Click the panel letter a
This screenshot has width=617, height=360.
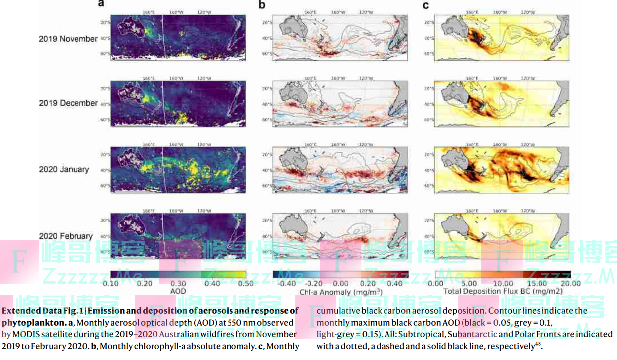(101, 5)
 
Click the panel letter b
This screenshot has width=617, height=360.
(262, 5)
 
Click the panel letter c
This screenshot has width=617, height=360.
(425, 5)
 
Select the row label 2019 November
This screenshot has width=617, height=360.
(69, 39)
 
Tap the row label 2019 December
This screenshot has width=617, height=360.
(69, 103)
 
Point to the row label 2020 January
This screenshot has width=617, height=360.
(64, 169)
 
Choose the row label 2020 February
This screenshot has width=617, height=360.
(66, 236)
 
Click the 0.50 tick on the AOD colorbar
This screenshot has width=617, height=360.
(238, 284)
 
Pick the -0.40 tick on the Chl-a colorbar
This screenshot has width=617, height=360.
(285, 284)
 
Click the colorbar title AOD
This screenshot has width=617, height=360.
(178, 291)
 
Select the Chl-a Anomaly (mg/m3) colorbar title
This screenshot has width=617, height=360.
(341, 292)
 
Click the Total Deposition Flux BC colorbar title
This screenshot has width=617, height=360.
(503, 291)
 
